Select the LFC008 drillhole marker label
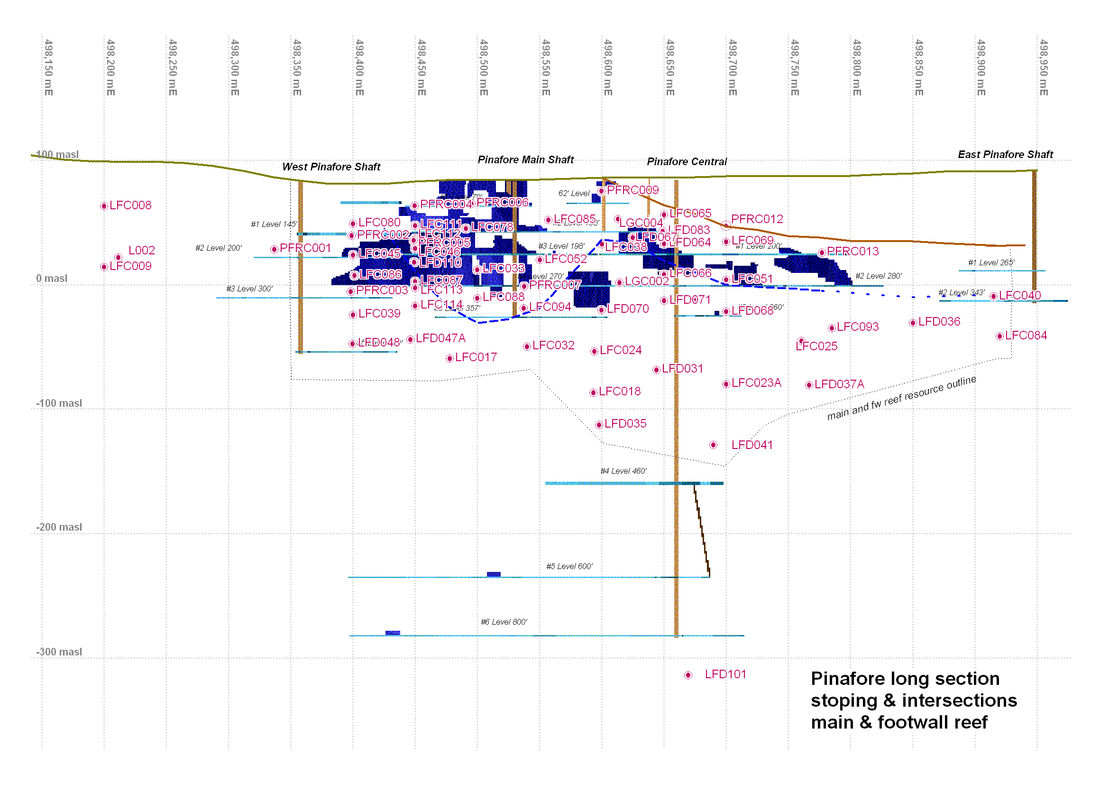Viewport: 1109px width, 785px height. point(130,206)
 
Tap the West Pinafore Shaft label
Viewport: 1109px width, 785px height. point(331,167)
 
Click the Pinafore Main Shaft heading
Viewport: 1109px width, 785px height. point(525,160)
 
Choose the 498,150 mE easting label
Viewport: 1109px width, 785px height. point(48,68)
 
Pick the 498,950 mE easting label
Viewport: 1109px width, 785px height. point(1043,68)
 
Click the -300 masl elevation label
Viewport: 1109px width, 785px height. point(59,652)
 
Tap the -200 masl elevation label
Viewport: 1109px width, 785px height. point(59,527)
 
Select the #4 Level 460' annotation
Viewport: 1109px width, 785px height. point(623,471)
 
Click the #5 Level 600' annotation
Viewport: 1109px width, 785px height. point(569,567)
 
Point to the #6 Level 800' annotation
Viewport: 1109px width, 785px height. point(504,622)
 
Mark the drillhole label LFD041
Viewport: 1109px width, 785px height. point(752,445)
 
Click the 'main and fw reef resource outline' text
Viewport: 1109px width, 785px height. point(901,398)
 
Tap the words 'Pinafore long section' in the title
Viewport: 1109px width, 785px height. point(905,679)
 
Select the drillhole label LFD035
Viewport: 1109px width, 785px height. point(625,424)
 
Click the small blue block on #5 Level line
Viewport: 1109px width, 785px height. point(494,574)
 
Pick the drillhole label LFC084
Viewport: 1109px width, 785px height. point(1026,336)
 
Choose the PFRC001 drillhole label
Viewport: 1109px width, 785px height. point(305,248)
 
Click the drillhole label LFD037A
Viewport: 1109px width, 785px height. point(839,384)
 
